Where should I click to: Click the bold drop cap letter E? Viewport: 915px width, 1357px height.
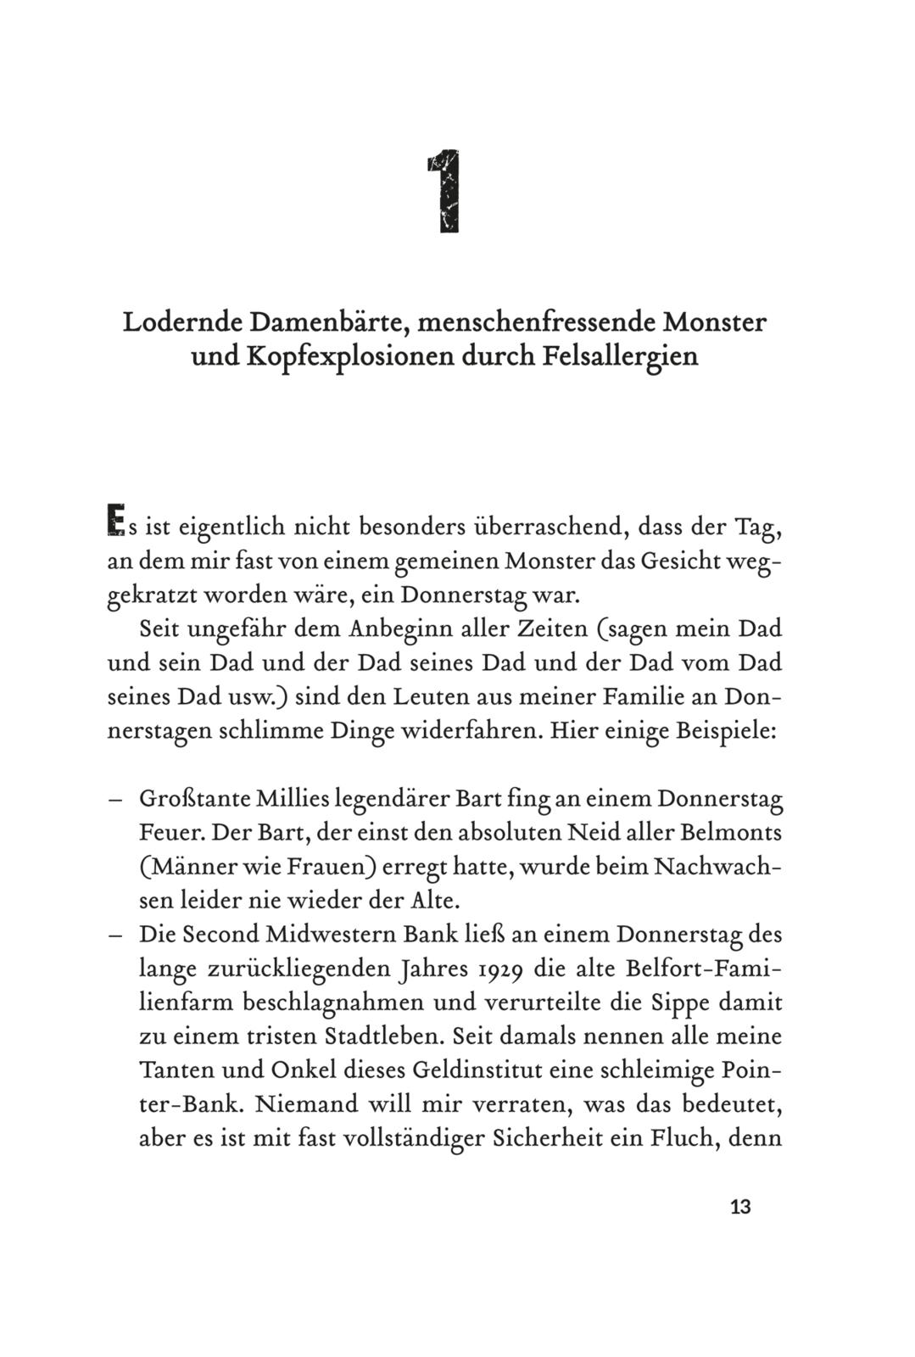point(115,521)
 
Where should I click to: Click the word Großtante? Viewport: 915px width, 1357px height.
point(192,799)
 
